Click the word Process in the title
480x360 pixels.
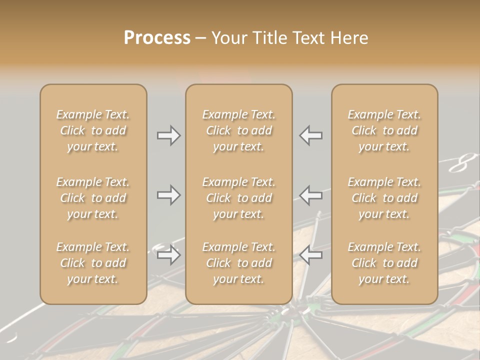[157, 38]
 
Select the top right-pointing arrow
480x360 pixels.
[168, 135]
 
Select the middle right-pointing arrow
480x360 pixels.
[168, 195]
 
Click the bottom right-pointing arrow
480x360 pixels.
[168, 255]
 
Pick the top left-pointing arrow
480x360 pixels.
[310, 135]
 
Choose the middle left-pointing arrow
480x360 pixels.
[310, 195]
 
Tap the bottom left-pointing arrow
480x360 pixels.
[310, 255]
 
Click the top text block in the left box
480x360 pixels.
[93, 130]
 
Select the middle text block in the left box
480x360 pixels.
[93, 198]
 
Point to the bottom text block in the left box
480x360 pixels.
[93, 263]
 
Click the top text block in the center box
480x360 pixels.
[238, 130]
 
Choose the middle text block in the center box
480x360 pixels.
[238, 198]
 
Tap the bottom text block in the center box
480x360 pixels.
[238, 263]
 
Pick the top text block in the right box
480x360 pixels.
[384, 130]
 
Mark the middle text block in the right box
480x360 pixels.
[384, 198]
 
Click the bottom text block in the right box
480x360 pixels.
[384, 263]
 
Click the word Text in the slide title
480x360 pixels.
[308, 38]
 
